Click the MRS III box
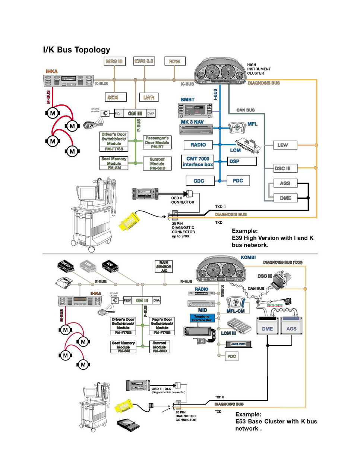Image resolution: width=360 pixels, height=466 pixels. pos(114,61)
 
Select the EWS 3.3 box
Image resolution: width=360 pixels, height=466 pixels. pos(144,61)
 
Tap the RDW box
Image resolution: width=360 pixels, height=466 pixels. pos(174,61)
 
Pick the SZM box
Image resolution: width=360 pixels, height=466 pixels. pos(113,97)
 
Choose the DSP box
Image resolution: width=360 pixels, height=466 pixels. pos(242,161)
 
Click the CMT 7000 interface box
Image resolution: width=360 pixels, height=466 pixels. pos(198,161)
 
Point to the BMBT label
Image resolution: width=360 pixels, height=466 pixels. pos(187,100)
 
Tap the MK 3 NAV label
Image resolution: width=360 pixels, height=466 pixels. pos(192,122)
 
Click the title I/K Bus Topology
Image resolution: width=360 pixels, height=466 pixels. pos(77,50)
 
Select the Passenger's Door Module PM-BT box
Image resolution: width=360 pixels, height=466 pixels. pos(157,142)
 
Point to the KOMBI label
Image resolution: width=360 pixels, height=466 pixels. pos(248,257)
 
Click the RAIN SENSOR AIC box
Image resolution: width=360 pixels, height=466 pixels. pos(164,267)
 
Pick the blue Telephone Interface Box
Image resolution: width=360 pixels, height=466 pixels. pos(202,318)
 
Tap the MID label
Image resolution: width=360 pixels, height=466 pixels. pos(203,310)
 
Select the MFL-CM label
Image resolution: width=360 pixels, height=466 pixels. pos(236,311)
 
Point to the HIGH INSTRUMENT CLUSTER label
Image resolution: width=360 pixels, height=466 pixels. pos(259,69)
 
